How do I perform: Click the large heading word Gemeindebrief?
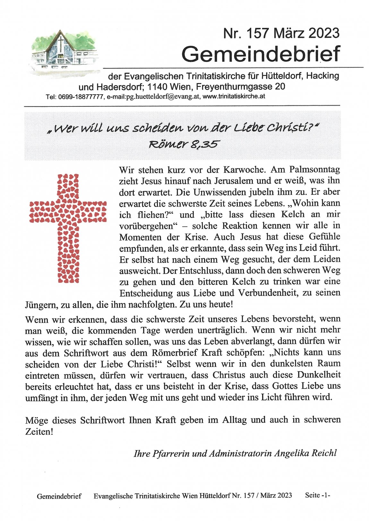click(x=261, y=54)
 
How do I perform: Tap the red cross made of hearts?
click(x=68, y=228)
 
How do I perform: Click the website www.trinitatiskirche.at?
click(x=234, y=97)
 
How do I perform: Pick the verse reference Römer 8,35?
click(x=183, y=144)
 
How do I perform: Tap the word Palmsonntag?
click(x=314, y=170)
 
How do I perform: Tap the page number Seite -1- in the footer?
click(x=317, y=495)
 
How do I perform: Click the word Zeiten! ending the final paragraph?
click(x=39, y=432)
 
